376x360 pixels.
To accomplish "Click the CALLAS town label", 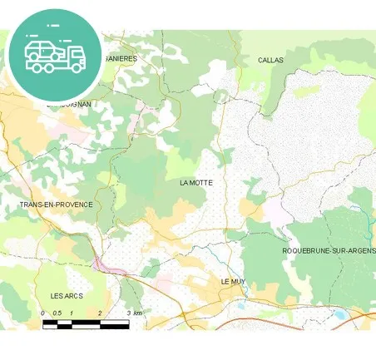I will point(270,61).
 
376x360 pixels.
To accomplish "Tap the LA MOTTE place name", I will point(196,181).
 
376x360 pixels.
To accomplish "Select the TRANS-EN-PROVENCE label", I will point(56,204).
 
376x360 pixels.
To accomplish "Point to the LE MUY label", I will point(234,282).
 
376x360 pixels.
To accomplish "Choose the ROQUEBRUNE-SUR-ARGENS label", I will point(329,250).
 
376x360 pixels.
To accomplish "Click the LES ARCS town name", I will point(67,296).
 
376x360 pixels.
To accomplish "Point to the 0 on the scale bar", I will point(43,313).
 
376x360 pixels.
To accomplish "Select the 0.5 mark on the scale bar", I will point(57,313).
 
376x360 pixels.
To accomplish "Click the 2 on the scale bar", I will point(100,313).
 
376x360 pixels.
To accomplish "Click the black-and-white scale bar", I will point(86,323).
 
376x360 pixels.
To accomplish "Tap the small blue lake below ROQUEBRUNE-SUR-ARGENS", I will point(339,314).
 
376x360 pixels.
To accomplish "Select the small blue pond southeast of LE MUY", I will point(240,305).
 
